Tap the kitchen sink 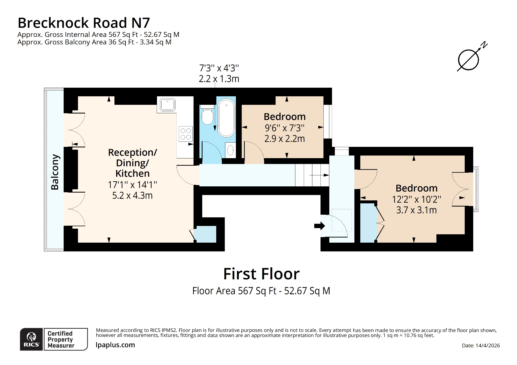coord(167,105)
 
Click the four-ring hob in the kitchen coord(186,134)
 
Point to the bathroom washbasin coord(230,150)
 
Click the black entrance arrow coord(320,226)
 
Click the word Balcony coord(55,172)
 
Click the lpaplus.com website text coord(115,345)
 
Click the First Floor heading coord(261,274)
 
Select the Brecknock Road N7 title coord(84,23)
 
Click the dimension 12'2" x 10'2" coord(416,199)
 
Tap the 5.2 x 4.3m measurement coord(132,196)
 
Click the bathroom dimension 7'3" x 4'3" coord(219,68)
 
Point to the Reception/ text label coord(132,153)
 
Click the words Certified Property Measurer coord(61,339)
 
